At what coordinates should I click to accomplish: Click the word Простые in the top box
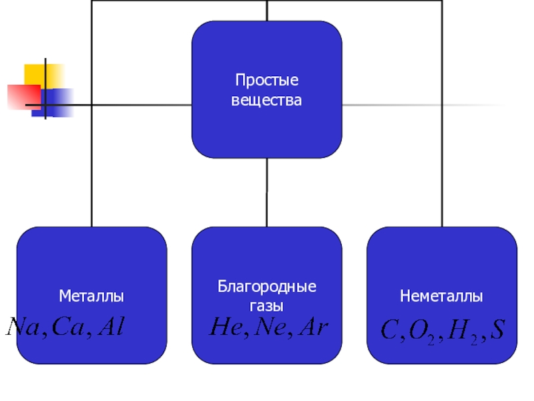[x=266, y=81]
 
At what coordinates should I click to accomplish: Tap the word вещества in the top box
[x=266, y=101]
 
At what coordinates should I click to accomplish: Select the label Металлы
[x=91, y=295]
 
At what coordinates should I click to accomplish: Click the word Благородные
[x=266, y=287]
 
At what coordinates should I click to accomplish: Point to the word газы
[x=266, y=305]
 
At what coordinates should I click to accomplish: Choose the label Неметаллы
[x=441, y=295]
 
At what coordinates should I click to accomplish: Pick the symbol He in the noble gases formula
[x=225, y=327]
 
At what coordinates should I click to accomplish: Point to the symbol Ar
[x=313, y=327]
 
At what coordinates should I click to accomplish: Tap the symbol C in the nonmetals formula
[x=388, y=329]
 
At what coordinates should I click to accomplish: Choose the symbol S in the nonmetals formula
[x=497, y=329]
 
